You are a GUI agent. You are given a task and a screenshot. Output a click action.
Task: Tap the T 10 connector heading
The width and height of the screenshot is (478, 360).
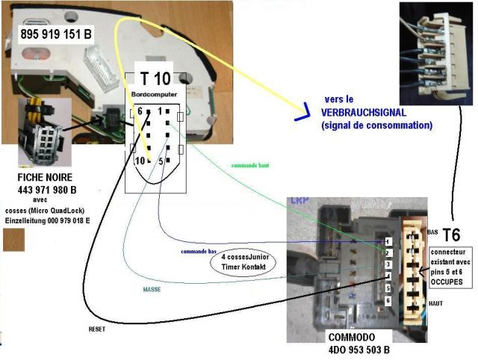coord(155,78)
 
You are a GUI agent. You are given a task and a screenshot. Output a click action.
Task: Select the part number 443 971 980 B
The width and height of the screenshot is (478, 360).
coord(47,190)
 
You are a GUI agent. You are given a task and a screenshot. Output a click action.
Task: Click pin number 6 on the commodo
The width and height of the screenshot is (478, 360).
coord(387,300)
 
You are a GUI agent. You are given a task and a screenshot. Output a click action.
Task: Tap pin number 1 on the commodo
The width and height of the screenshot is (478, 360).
coord(387,242)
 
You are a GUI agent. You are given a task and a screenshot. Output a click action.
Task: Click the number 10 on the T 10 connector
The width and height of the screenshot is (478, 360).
coord(139,160)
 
